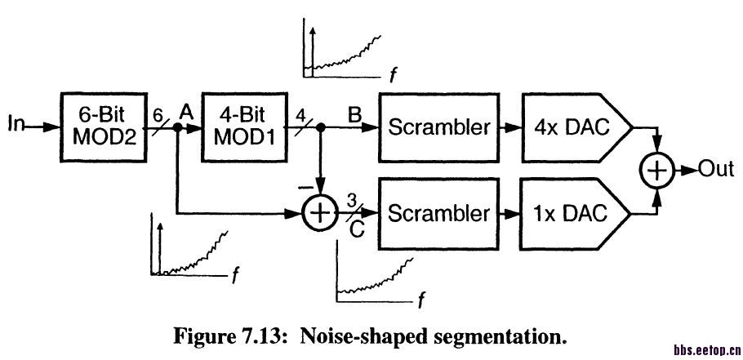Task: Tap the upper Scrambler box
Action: (x=439, y=127)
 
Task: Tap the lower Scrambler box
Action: (x=439, y=213)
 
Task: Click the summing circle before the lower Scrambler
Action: (x=319, y=214)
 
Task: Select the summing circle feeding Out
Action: (x=658, y=170)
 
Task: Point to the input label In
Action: (x=16, y=124)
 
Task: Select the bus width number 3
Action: (x=351, y=198)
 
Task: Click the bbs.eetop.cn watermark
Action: (x=705, y=350)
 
